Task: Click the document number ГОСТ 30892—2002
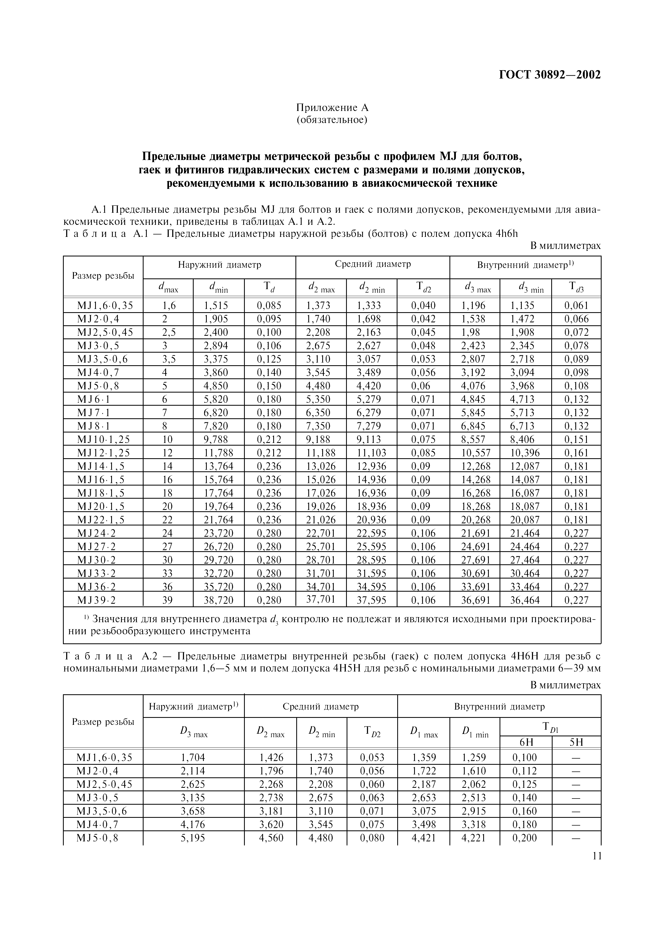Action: point(550,75)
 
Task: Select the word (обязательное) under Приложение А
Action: point(332,120)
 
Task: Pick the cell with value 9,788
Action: point(216,439)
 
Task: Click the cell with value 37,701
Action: point(321,599)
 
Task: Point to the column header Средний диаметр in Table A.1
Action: point(373,264)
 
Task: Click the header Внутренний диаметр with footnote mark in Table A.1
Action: point(525,265)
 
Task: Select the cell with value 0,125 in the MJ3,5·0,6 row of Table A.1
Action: point(269,359)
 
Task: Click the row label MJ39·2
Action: point(96,600)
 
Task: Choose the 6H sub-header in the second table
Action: point(526,742)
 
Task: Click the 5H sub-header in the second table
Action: point(576,742)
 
